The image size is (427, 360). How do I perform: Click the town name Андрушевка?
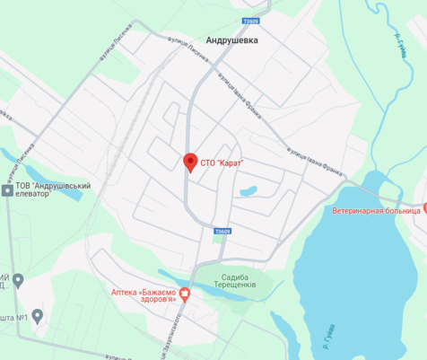point(231,40)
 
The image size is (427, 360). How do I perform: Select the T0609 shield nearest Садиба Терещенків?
point(222,232)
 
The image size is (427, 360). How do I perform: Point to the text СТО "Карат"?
point(222,162)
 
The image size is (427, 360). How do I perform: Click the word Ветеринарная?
point(353,210)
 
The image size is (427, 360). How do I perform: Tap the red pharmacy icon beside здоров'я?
point(186,292)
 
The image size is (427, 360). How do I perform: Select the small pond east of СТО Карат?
point(248,191)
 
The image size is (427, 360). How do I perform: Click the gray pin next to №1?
point(17,281)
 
